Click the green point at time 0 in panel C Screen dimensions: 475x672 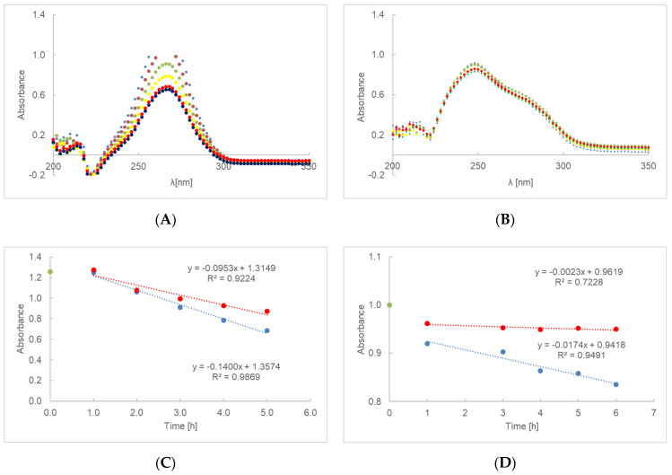coord(50,271)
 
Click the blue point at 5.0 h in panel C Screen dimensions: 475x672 coord(266,330)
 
